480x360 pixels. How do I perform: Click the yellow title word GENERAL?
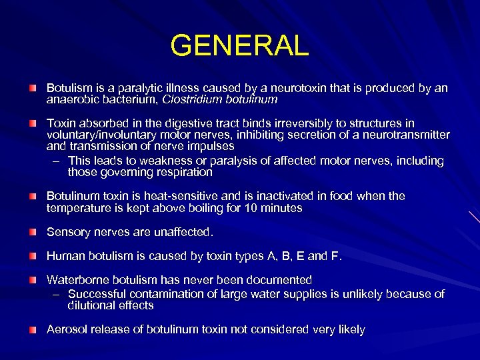pyautogui.click(x=240, y=46)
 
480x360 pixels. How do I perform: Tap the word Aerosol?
pyautogui.click(x=65, y=329)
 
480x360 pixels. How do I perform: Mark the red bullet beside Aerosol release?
pyautogui.click(x=32, y=329)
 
